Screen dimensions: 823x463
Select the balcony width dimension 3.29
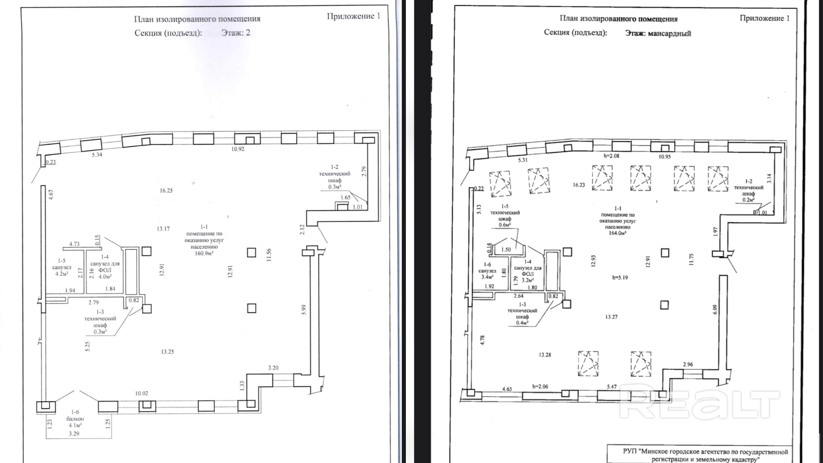74,434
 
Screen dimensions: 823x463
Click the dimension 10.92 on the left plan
237,149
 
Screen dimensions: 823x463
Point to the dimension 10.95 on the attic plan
664,156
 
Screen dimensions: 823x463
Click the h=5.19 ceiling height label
620,277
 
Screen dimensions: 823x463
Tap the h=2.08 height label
612,156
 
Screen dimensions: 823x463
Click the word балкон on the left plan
75,419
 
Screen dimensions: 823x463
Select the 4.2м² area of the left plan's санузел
61,274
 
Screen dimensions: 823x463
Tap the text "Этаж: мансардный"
658,33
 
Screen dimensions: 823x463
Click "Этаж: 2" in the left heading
235,33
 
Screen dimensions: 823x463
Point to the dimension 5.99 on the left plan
304,309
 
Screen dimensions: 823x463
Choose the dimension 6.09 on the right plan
715,309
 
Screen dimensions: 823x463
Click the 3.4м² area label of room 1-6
487,277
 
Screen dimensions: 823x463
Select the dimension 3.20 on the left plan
273,368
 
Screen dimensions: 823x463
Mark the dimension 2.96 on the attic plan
688,365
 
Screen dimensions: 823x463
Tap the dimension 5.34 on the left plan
97,155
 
